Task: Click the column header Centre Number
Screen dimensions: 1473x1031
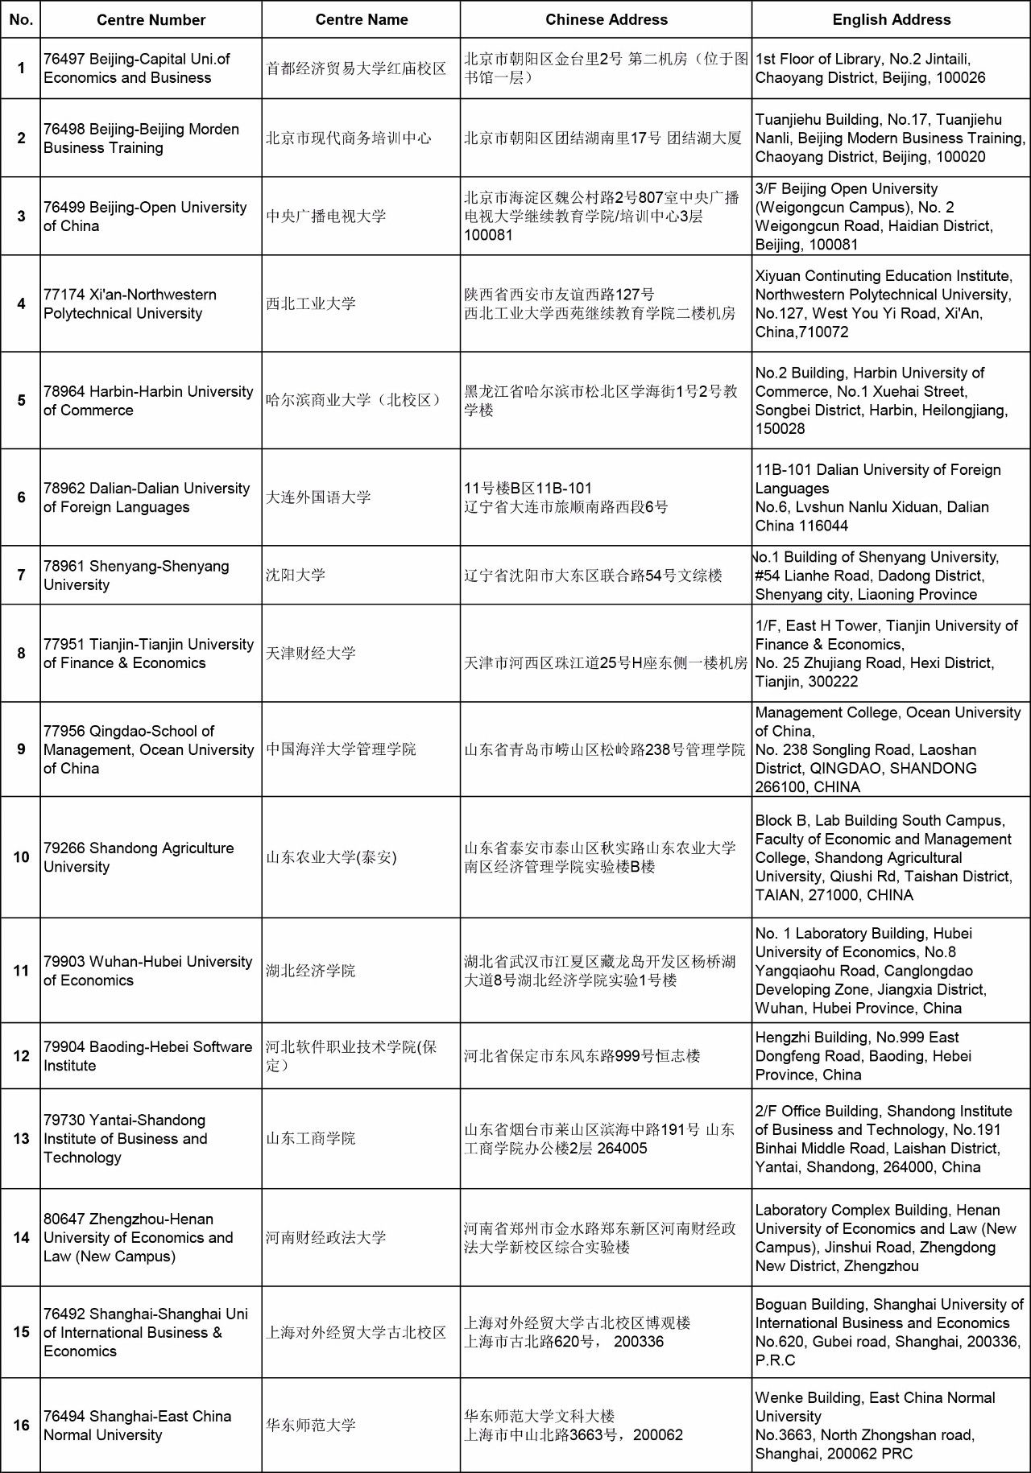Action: [151, 20]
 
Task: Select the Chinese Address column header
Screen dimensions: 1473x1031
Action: [606, 20]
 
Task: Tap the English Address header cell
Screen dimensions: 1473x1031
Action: [891, 20]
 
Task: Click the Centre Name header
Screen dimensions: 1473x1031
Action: [361, 20]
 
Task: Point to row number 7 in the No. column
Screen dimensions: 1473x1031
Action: [21, 576]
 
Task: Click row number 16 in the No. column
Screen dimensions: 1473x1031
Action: [21, 1425]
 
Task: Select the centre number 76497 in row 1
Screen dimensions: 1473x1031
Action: [64, 59]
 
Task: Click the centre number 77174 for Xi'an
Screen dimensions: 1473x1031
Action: [64, 295]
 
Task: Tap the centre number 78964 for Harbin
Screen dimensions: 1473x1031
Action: [64, 392]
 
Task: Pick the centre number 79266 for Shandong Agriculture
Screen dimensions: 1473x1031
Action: [64, 848]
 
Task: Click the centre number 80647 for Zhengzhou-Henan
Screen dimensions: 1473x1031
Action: [64, 1219]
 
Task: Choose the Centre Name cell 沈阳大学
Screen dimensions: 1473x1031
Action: [296, 576]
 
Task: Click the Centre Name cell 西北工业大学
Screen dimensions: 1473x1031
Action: [311, 304]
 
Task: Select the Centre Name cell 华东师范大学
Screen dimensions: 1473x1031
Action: [311, 1425]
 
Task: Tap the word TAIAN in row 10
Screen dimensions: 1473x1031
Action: [778, 895]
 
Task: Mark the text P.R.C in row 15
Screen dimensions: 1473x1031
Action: [775, 1360]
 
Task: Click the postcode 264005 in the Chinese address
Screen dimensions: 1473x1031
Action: [622, 1149]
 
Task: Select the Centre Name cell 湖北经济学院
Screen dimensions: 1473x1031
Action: [311, 971]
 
